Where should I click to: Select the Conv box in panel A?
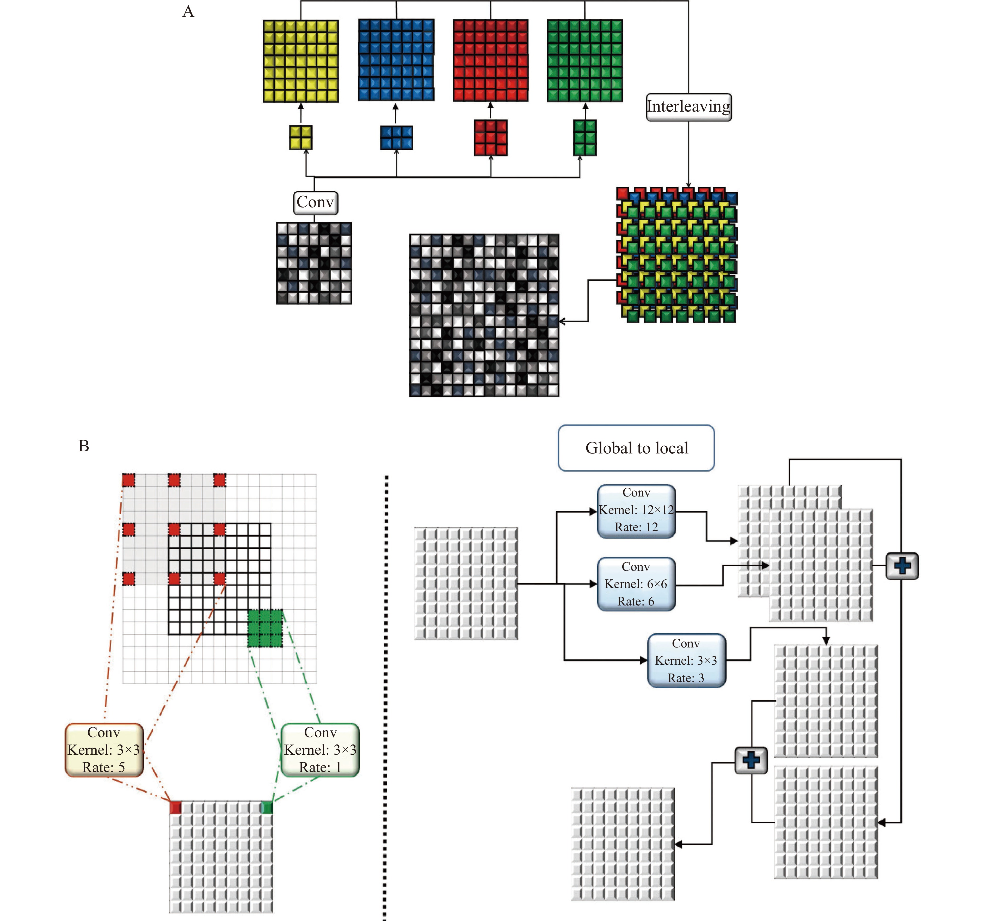(x=316, y=203)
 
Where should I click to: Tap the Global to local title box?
(x=636, y=448)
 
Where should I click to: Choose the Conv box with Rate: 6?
(x=636, y=584)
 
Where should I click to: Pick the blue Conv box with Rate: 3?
(x=686, y=660)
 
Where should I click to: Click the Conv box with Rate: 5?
(x=104, y=749)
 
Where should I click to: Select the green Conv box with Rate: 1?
(x=320, y=749)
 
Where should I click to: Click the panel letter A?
(x=188, y=11)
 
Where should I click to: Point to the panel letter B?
(x=84, y=446)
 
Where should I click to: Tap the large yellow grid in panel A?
(x=301, y=61)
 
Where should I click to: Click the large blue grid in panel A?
(x=396, y=60)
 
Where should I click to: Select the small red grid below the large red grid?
(x=490, y=138)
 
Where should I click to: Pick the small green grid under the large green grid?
(x=585, y=138)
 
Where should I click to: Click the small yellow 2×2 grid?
(x=301, y=137)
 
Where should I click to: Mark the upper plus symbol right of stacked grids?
(x=902, y=566)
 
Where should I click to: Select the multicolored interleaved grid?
(x=677, y=255)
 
